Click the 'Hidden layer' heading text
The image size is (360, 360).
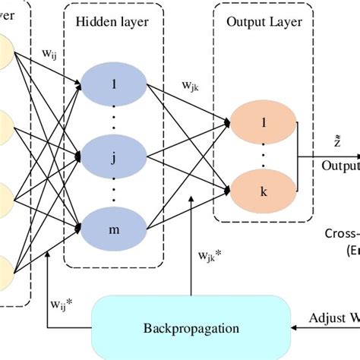pos(112,21)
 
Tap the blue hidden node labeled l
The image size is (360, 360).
pos(114,85)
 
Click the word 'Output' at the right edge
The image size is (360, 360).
pos(339,166)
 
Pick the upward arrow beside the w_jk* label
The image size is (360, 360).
pos(191,258)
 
